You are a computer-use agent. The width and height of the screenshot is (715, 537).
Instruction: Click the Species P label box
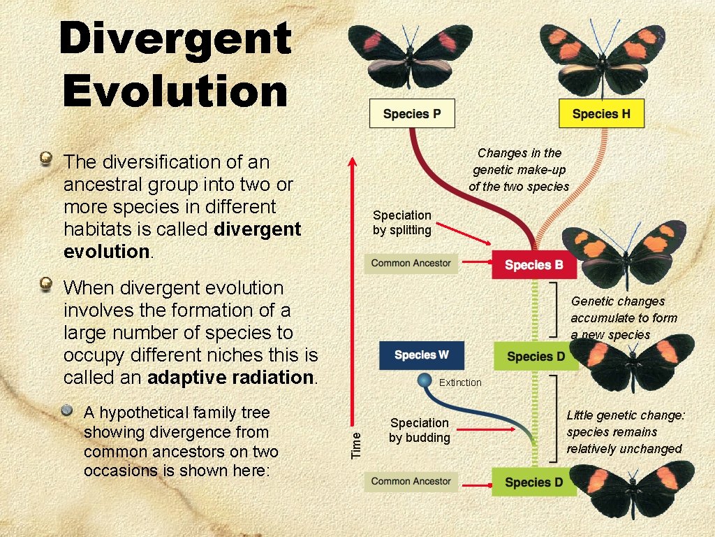tap(412, 114)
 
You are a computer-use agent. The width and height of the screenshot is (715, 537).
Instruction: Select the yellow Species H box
tap(601, 114)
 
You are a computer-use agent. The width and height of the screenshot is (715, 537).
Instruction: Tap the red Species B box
tap(533, 265)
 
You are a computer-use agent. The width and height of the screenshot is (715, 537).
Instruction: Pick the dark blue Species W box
tap(421, 355)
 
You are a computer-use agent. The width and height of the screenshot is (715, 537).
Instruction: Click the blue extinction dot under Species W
tap(424, 381)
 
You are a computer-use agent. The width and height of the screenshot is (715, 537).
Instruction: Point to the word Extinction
tap(460, 382)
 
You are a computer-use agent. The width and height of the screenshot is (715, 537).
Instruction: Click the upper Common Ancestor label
tap(411, 264)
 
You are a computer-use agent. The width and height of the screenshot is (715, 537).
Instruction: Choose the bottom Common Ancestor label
tap(411, 481)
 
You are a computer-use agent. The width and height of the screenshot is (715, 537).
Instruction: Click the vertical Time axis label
tap(357, 444)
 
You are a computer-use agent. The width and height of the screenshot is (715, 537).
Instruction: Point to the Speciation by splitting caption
tap(402, 222)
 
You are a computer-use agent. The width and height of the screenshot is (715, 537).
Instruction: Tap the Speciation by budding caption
tap(419, 430)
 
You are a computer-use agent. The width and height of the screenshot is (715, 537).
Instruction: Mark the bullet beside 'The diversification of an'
tap(47, 159)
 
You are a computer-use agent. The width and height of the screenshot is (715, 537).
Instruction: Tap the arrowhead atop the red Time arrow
tap(353, 162)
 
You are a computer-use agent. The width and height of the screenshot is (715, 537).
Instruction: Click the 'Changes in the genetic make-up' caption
tap(519, 169)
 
